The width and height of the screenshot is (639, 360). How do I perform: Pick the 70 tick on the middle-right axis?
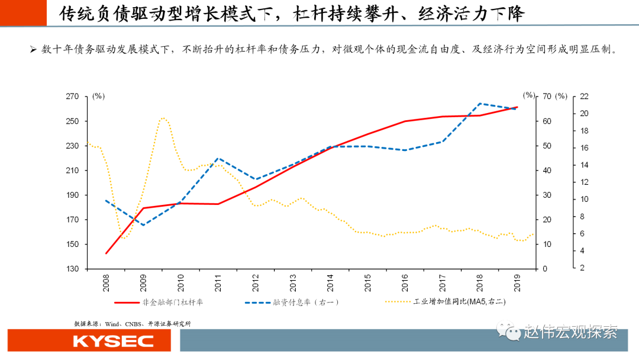[547, 97]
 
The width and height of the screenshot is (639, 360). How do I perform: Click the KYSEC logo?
[113, 341]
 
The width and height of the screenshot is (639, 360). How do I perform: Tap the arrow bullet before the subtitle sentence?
[34, 50]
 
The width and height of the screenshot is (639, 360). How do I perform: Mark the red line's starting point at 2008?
[106, 253]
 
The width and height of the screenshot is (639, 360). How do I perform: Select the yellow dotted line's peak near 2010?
[163, 117]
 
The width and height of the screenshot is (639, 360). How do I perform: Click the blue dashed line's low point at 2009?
[144, 225]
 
